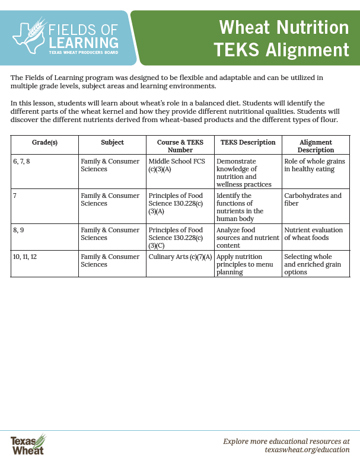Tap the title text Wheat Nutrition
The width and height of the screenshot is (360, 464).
284,27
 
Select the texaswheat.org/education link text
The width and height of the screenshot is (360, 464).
307,450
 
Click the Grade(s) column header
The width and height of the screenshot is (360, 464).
44,143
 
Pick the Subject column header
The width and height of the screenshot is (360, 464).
112,143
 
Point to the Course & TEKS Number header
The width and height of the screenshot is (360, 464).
180,146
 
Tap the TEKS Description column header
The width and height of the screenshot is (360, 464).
248,143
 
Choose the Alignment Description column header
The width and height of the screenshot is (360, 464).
315,146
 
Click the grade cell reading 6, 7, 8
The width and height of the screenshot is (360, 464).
23,161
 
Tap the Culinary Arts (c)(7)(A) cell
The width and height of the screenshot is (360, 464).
180,257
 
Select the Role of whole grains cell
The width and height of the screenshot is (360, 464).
314,165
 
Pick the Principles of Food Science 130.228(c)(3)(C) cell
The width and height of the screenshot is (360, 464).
176,238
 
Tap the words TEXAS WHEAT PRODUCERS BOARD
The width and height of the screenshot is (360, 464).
82,52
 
